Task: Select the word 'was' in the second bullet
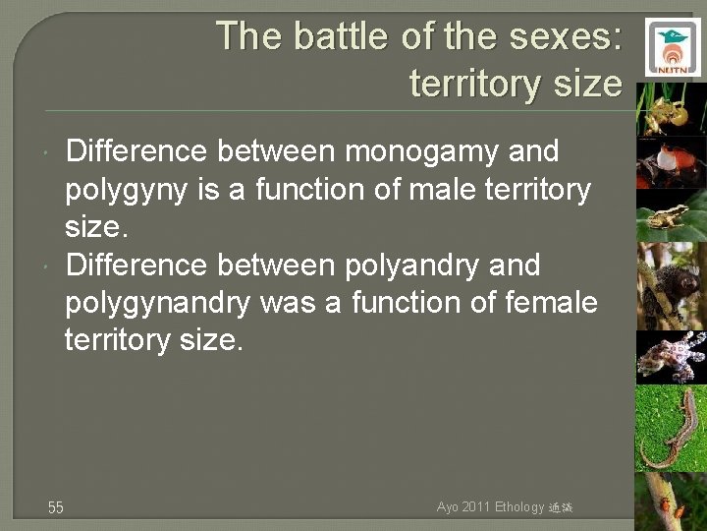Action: pos(291,303)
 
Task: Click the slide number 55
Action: pos(56,507)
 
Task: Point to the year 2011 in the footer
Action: pos(477,507)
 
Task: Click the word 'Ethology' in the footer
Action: pos(521,507)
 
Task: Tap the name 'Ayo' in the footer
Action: pos(448,507)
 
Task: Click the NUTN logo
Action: pos(673,46)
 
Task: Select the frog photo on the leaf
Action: pos(671,214)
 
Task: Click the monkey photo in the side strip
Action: pos(671,285)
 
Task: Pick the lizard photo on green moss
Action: pos(671,428)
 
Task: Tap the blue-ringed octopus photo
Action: pos(671,356)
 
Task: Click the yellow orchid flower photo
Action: pos(671,110)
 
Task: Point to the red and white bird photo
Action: pos(671,162)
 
